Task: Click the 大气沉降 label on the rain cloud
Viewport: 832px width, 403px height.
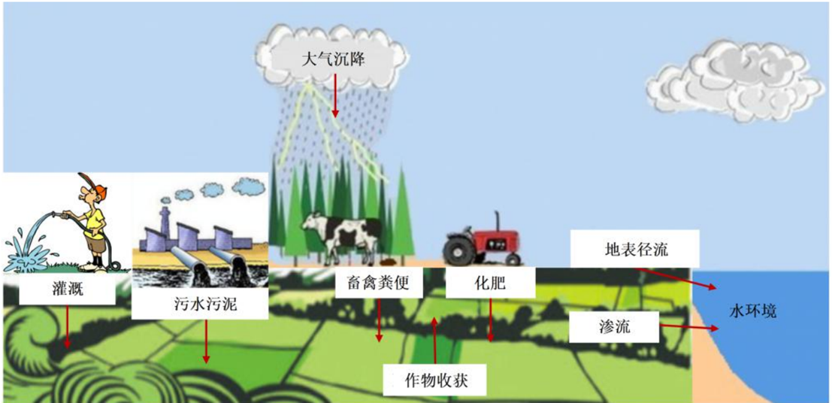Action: click(332, 58)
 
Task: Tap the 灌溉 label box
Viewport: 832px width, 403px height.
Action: click(62, 288)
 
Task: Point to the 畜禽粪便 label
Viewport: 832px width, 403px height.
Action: click(378, 284)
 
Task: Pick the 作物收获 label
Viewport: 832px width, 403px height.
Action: click(435, 379)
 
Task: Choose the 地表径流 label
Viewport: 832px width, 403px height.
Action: click(634, 249)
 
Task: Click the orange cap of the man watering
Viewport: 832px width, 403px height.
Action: click(91, 183)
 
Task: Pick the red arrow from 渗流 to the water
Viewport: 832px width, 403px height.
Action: click(685, 328)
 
